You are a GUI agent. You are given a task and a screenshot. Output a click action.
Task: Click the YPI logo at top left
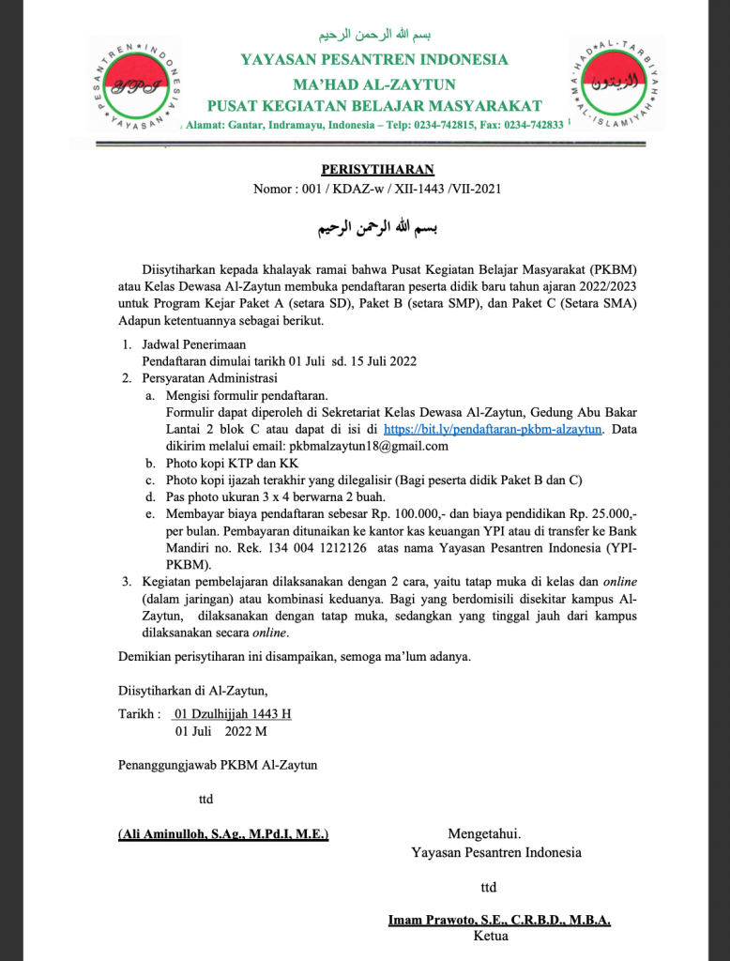(138, 82)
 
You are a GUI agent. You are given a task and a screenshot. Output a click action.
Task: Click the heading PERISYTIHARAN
(378, 170)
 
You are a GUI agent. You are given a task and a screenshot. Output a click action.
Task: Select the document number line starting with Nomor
(377, 189)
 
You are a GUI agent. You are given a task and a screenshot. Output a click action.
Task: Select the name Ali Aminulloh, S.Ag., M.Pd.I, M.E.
(223, 833)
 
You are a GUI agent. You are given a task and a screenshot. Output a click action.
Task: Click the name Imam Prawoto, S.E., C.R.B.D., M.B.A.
(499, 921)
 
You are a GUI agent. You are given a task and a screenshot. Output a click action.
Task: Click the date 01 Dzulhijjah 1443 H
(227, 713)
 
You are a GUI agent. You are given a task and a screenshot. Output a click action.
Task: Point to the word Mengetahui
(484, 833)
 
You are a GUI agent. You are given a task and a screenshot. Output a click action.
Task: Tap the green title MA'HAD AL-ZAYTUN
(374, 84)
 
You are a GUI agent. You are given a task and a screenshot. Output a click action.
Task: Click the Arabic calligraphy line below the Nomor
(377, 228)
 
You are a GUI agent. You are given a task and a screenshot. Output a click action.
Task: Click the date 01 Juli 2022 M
(215, 730)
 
